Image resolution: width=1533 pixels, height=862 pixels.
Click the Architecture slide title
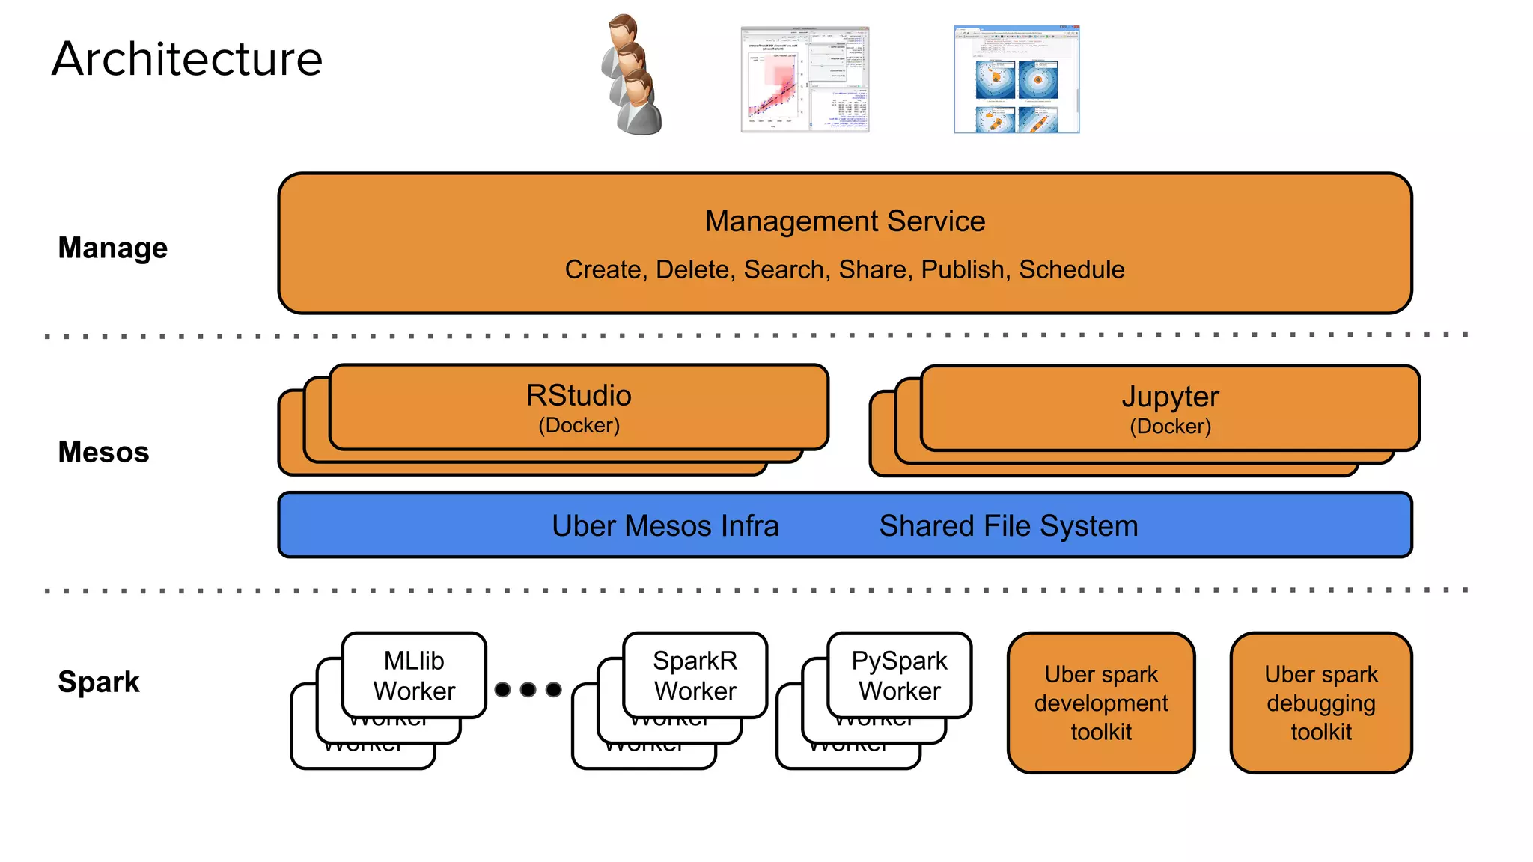pos(187,59)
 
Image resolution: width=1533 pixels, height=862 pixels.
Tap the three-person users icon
pos(633,76)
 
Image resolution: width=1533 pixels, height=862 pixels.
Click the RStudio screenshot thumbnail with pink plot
pos(805,79)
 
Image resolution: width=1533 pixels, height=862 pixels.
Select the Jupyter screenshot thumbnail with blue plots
pos(1017,79)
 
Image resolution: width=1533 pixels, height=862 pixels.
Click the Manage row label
pos(113,248)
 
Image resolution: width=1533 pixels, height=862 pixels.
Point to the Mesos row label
pos(104,452)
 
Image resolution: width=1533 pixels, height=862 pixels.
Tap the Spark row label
pos(99,682)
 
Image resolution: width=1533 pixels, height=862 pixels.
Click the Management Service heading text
pos(844,221)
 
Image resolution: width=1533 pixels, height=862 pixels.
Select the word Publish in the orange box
pos(963,269)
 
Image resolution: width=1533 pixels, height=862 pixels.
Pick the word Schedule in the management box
pos(1072,269)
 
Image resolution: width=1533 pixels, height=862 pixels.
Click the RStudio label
pos(579,395)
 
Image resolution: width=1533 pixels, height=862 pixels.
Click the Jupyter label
pos(1170,397)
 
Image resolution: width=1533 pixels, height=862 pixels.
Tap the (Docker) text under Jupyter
pos(1170,427)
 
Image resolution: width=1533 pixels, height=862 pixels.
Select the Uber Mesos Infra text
pos(665,526)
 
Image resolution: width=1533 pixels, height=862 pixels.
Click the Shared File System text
pos(1008,526)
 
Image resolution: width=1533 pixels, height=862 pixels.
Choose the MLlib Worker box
pos(414,675)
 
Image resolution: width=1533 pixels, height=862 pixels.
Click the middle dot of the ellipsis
pos(528,689)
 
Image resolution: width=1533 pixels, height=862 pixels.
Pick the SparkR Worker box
pos(695,675)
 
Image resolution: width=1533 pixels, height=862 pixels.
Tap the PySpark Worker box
pos(899,675)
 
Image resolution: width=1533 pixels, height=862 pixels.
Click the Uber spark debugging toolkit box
pos(1321,703)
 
